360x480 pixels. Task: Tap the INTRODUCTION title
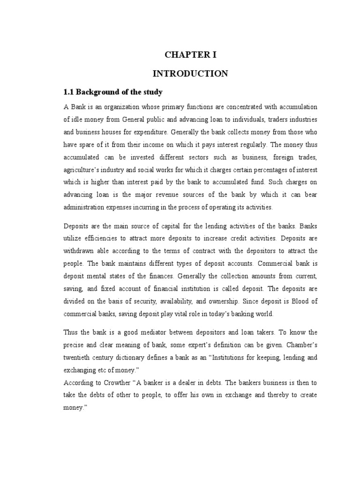click(x=190, y=74)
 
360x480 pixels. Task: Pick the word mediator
click(x=144, y=332)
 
